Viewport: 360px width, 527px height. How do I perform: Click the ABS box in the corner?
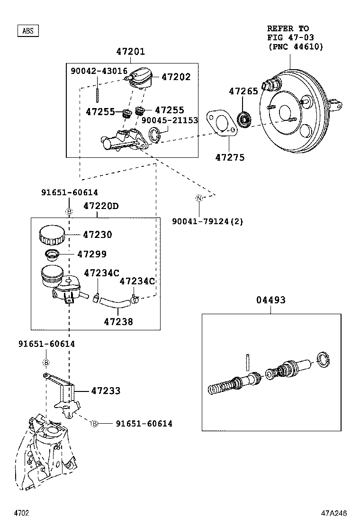coord(28,31)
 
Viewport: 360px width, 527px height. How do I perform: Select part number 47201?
coord(131,52)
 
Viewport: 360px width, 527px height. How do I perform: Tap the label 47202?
coord(176,77)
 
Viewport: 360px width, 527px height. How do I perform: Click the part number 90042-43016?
coord(99,71)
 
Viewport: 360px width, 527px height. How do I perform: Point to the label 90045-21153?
coord(170,120)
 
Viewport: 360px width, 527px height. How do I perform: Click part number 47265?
coord(244,91)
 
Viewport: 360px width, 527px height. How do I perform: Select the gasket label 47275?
coord(230,157)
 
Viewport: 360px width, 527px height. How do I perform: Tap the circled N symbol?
coord(199,198)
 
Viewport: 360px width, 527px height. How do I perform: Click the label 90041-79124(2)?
coord(207,221)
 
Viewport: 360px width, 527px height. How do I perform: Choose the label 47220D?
coord(101,206)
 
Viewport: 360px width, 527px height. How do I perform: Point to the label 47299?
coord(92,254)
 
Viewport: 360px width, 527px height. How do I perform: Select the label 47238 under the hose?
coord(118,321)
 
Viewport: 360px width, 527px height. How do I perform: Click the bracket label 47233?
coord(106,391)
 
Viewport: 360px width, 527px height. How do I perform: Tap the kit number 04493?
coord(271,300)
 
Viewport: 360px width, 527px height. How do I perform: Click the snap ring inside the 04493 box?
coord(324,361)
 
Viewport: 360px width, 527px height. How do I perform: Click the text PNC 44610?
coord(295,46)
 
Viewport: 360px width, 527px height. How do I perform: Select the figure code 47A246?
coord(335,513)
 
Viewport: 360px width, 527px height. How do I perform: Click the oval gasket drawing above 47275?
coord(221,124)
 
